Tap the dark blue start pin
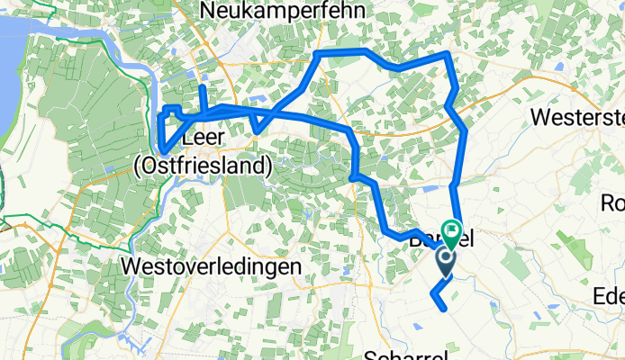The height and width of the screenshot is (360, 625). pyautogui.click(x=446, y=262)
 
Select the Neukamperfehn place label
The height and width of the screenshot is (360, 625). pyautogui.click(x=276, y=10)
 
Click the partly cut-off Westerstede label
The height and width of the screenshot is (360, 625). pyautogui.click(x=577, y=118)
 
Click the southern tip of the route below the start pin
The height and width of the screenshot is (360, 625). pyautogui.click(x=445, y=310)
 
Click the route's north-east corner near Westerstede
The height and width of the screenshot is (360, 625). pyautogui.click(x=448, y=55)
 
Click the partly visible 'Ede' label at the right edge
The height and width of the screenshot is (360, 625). pyautogui.click(x=610, y=296)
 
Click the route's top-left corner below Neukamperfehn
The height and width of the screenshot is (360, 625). pyautogui.click(x=317, y=55)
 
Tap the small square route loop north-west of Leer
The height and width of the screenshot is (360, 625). pyautogui.click(x=170, y=112)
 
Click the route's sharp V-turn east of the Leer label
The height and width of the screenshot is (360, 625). pyautogui.click(x=257, y=130)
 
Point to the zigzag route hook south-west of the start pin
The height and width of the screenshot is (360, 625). pyautogui.click(x=435, y=293)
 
